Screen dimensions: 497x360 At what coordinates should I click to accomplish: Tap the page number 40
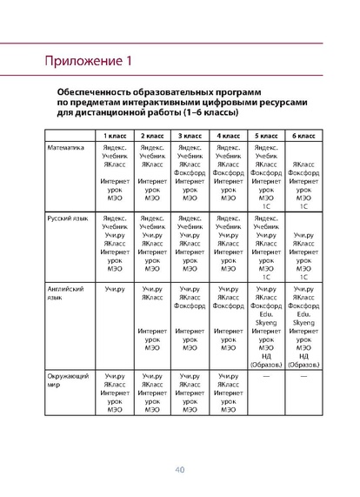pyautogui.click(x=180, y=469)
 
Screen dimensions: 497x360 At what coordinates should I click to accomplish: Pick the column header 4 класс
pyautogui.click(x=227, y=137)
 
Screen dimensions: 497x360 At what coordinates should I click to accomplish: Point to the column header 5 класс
pyautogui.click(x=265, y=137)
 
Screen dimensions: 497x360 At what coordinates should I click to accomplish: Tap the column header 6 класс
pyautogui.click(x=303, y=137)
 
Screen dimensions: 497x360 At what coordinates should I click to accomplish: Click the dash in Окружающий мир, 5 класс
pyautogui.click(x=265, y=375)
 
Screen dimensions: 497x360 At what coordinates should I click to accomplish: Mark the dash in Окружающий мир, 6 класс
pyautogui.click(x=303, y=375)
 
